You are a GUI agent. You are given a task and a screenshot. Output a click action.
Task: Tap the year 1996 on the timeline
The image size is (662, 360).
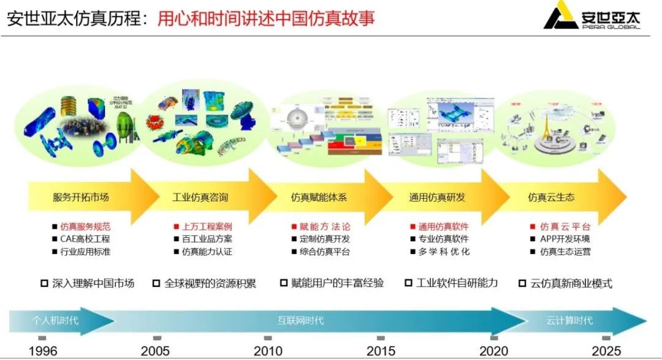43,351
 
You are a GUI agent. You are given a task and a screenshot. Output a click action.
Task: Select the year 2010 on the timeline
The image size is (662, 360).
268,351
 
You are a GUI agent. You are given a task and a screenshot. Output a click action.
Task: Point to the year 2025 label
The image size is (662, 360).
606,351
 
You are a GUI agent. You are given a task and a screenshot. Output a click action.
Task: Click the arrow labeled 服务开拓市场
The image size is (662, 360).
80,197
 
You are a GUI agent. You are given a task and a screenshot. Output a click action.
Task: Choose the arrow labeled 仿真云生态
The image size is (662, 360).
551,197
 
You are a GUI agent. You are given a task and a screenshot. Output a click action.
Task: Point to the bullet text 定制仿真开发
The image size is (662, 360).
325,239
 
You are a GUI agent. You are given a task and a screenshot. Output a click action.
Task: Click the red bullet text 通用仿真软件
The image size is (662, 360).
443,227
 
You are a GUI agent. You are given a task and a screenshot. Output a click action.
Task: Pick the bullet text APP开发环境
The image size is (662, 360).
565,239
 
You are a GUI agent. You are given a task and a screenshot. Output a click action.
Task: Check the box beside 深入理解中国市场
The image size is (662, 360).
44,283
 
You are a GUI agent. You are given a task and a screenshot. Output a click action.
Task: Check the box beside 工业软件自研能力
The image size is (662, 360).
409,283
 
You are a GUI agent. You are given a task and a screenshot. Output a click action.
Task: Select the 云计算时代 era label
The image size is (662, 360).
569,320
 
